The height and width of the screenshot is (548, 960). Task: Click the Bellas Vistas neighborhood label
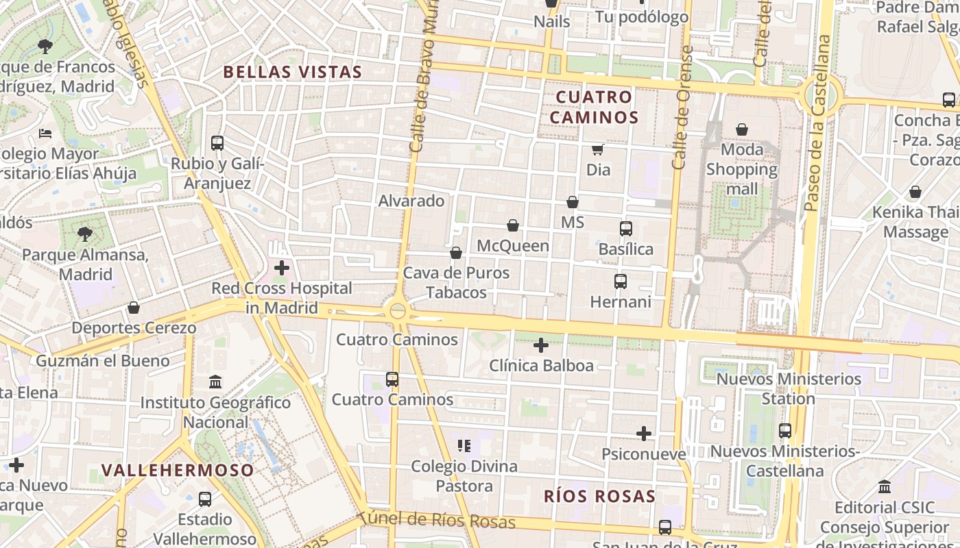tap(293, 72)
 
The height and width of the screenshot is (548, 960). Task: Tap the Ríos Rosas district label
tap(600, 497)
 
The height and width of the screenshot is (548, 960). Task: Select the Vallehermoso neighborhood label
tap(178, 471)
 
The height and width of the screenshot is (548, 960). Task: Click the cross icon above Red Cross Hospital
tap(281, 268)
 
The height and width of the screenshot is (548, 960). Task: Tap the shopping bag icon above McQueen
tap(513, 225)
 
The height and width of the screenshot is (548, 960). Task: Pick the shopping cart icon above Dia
tap(598, 149)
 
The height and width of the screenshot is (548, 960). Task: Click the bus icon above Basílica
tap(625, 229)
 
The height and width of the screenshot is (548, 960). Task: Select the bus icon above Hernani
tap(621, 282)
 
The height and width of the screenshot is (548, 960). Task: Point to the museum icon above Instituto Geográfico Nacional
tap(215, 382)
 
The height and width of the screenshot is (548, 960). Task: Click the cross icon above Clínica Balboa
tap(541, 345)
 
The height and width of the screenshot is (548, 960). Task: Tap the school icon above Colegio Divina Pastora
tap(464, 446)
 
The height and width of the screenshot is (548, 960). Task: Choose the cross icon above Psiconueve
tap(644, 434)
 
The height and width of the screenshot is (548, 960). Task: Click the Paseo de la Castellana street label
tap(817, 123)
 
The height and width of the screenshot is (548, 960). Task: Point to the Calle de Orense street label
tap(682, 108)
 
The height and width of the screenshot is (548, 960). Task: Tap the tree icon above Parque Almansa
tap(85, 235)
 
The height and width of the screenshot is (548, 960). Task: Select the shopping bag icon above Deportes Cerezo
tap(134, 308)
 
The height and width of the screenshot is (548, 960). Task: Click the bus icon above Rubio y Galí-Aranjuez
tap(217, 143)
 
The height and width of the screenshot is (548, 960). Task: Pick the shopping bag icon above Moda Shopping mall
tap(742, 129)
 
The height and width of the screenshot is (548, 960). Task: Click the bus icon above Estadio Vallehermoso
tap(204, 499)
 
